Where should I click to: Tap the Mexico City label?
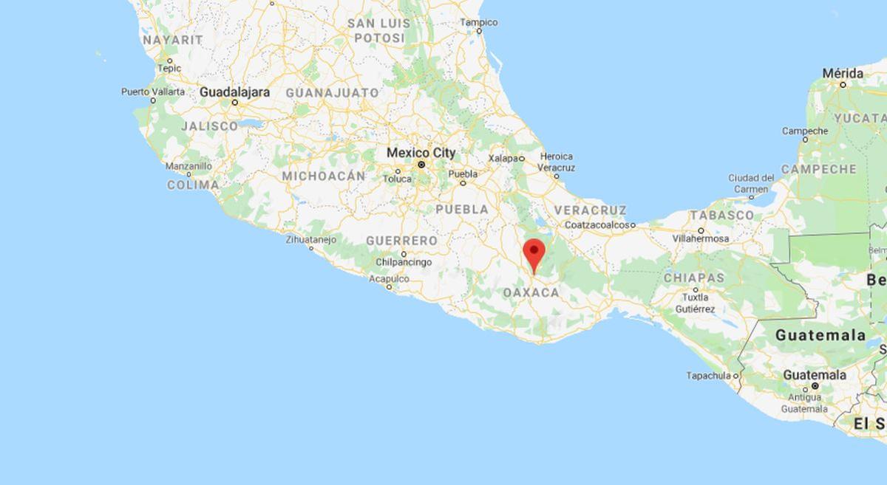421,152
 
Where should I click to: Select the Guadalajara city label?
234,92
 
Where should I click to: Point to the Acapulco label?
389,279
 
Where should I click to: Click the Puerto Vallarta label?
153,92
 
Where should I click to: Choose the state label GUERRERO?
401,241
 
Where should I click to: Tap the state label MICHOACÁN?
323,176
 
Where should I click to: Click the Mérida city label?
843,73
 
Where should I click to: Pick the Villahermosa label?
701,238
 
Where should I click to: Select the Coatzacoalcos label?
599,224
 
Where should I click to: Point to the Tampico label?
479,22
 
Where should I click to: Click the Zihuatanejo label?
310,239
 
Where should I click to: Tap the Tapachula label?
708,376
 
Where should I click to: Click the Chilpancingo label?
404,262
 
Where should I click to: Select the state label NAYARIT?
172,39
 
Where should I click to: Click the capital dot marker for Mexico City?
421,165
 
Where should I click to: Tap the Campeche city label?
805,131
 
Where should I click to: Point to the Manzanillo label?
188,166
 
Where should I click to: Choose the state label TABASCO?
721,215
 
